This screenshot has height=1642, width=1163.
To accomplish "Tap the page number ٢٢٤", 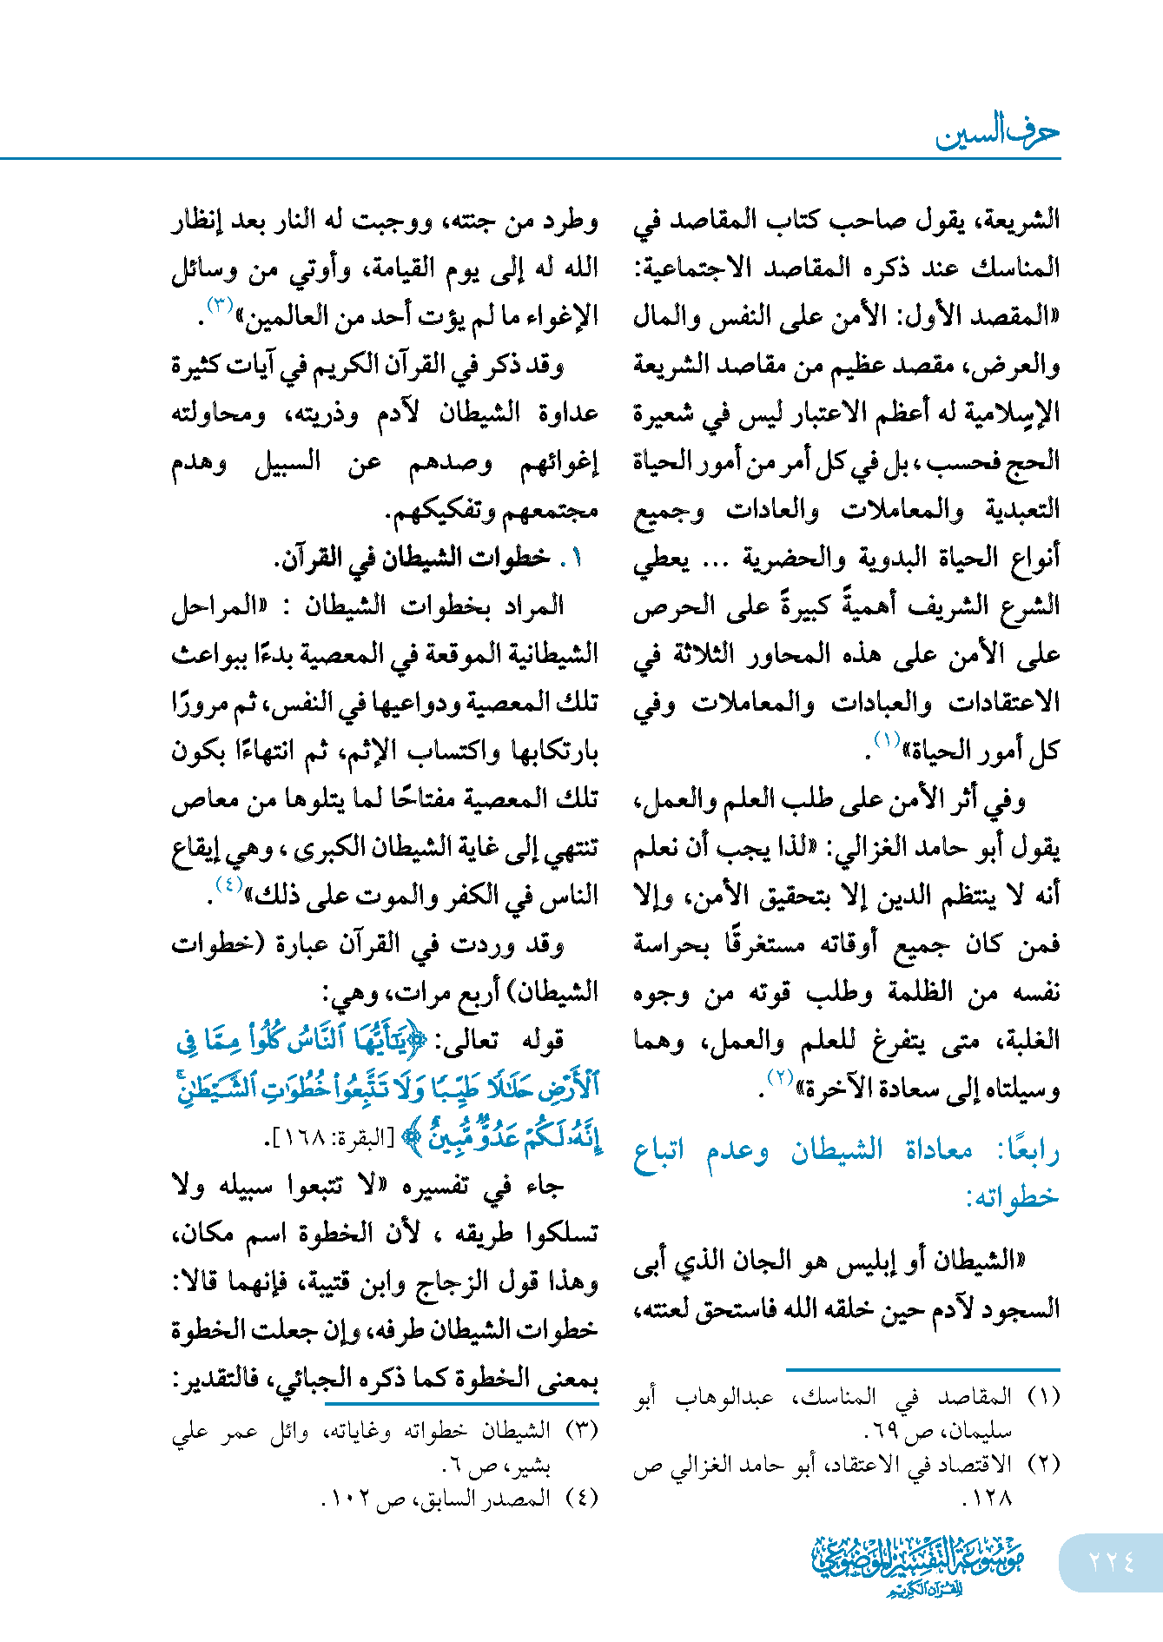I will (1112, 1562).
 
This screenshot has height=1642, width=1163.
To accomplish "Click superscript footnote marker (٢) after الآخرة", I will (779, 1078).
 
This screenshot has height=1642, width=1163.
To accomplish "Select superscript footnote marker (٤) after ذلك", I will (228, 885).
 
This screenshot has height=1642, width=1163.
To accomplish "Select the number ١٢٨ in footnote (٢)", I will (988, 1499).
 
